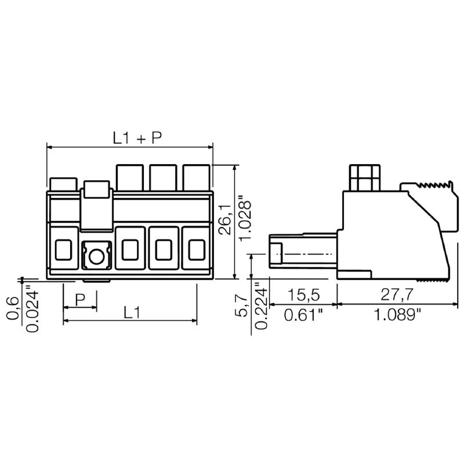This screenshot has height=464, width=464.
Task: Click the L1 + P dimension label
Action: click(137, 137)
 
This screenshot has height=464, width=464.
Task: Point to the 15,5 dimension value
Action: click(304, 295)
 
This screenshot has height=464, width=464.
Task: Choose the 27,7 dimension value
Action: click(397, 295)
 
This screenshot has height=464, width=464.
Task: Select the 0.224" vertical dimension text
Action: click(261, 306)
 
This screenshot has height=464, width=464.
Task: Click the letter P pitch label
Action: click(80, 299)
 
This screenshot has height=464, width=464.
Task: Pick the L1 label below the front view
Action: click(132, 313)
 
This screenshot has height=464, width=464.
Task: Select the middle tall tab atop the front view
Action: click(163, 177)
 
